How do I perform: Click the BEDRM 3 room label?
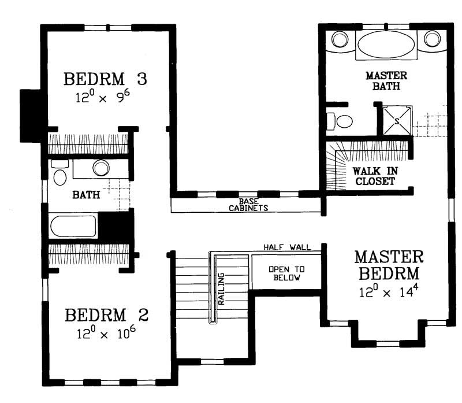pyautogui.click(x=105, y=78)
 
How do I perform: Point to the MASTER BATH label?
pyautogui.click(x=386, y=81)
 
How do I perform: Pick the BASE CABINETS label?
pyautogui.click(x=248, y=205)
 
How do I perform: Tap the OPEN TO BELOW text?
pyautogui.click(x=286, y=275)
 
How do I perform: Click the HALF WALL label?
pyautogui.click(x=287, y=247)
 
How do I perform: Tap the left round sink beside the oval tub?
pyautogui.click(x=339, y=39)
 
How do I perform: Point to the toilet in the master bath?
pyautogui.click(x=341, y=121)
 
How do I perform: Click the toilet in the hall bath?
pyautogui.click(x=59, y=173)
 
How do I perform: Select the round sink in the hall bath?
pyautogui.click(x=102, y=168)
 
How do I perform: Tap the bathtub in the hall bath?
pyautogui.click(x=73, y=225)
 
